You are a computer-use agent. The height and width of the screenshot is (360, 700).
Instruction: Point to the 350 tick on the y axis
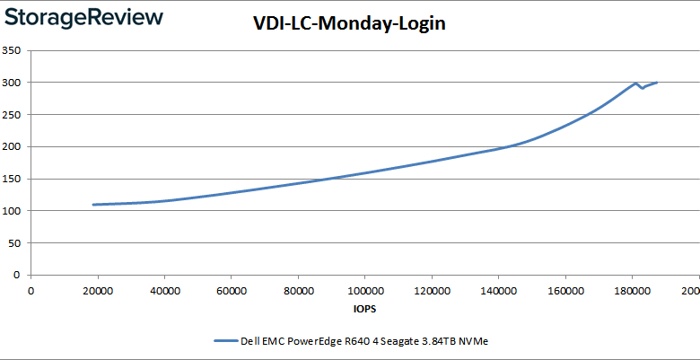pos(12,50)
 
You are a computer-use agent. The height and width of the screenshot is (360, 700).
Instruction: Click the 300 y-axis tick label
pos(12,83)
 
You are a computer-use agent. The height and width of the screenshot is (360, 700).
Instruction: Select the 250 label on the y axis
pos(12,115)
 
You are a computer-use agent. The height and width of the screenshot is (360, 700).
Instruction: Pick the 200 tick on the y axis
pos(12,146)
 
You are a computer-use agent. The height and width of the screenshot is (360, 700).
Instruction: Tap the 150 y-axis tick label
pos(12,179)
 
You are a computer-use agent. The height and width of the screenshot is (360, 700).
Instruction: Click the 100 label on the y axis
pos(12,211)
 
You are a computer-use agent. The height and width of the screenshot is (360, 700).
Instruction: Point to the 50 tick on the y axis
pos(14,243)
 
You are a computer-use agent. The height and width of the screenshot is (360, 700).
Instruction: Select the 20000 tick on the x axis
pos(98,291)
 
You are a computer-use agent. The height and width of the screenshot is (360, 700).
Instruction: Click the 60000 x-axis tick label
pos(232,291)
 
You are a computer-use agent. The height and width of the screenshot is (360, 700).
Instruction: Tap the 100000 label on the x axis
pos(364,291)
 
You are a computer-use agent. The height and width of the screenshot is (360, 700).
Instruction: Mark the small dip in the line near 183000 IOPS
pos(642,88)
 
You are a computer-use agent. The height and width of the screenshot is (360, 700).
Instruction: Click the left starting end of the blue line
pos(93,205)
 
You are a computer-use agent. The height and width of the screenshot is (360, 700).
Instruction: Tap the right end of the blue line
pos(657,83)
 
